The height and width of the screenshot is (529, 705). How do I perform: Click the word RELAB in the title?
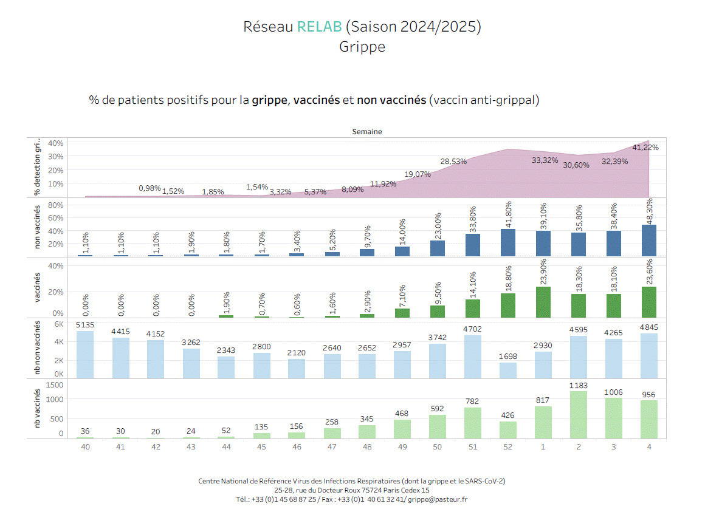pyautogui.click(x=319, y=27)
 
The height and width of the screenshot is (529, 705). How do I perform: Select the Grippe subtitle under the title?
pyautogui.click(x=362, y=47)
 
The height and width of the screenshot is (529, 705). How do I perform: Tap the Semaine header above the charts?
pyautogui.click(x=367, y=132)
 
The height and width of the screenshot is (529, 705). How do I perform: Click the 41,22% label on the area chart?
pyautogui.click(x=645, y=147)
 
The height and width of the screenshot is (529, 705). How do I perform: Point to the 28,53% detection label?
pyautogui.click(x=453, y=161)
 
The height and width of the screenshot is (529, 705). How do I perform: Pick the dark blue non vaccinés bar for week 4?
pyautogui.click(x=649, y=241)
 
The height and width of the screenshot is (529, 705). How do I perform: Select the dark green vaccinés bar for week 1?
pyautogui.click(x=543, y=302)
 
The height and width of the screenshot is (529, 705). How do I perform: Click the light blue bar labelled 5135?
pyautogui.click(x=85, y=354)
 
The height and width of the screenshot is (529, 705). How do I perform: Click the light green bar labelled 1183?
pyautogui.click(x=579, y=415)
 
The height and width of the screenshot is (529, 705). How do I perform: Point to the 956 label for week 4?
pyautogui.click(x=649, y=394)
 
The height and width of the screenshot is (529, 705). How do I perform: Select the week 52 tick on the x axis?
pyautogui.click(x=508, y=446)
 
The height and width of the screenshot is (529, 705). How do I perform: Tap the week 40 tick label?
pyautogui.click(x=85, y=446)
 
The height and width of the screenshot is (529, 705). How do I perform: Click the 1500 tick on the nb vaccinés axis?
pyautogui.click(x=55, y=384)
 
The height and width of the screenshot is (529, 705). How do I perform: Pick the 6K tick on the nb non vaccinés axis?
pyautogui.click(x=59, y=324)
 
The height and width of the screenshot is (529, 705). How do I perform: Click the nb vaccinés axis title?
pyautogui.click(x=38, y=409)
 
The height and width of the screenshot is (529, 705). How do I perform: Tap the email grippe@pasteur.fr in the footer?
pyautogui.click(x=438, y=499)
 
